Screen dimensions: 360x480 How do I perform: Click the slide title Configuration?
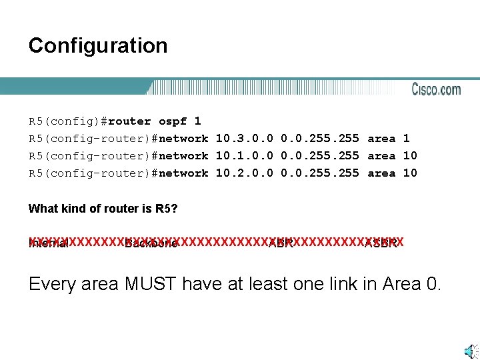(98, 46)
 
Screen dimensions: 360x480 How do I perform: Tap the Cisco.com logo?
(436, 89)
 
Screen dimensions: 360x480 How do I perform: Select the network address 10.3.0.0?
(245, 139)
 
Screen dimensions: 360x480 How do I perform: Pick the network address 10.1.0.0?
(245, 156)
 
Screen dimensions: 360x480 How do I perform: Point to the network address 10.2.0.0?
(245, 173)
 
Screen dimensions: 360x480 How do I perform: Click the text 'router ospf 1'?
(154, 121)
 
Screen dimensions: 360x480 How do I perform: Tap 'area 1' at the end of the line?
(389, 139)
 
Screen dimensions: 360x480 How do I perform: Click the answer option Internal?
(48, 243)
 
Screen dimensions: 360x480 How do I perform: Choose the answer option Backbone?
(151, 243)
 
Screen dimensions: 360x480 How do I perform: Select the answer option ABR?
(281, 243)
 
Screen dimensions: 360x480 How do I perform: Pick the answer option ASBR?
(381, 243)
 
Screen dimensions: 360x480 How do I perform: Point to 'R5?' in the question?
(167, 209)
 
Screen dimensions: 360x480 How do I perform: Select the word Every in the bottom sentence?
(51, 285)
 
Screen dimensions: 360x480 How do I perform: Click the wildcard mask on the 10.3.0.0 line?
(320, 139)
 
